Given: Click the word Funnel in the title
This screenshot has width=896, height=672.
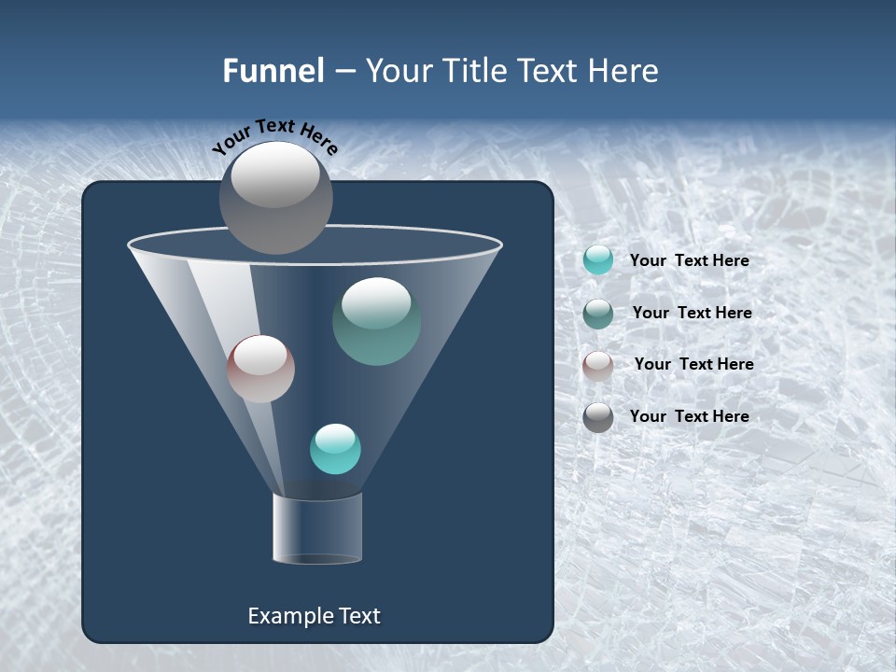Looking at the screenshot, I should click(x=273, y=71).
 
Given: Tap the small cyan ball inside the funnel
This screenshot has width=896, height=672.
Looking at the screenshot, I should click(x=335, y=449).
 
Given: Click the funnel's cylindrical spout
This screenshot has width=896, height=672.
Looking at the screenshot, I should click(x=317, y=528).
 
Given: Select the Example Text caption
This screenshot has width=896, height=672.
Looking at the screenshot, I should click(x=315, y=616).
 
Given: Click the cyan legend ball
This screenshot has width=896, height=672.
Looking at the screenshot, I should click(x=598, y=260).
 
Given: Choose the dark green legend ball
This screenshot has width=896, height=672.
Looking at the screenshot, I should click(x=598, y=313).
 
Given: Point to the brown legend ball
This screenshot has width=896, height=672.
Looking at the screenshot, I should click(x=598, y=365).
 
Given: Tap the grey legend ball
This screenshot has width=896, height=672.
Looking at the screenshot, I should click(x=598, y=416).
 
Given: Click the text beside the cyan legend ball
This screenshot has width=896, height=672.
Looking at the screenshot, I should click(x=689, y=261).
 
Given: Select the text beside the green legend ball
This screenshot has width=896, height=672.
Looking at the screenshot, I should click(x=692, y=314).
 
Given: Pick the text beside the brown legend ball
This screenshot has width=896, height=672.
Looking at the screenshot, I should click(x=693, y=365).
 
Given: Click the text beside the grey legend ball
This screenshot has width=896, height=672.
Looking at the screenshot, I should click(x=689, y=416).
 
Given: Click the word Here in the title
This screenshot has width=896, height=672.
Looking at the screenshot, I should click(x=623, y=71).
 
